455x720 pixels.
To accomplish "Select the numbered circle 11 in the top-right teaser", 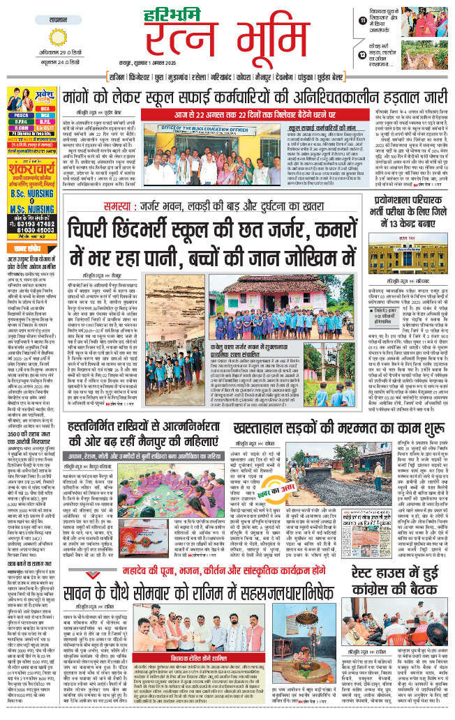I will click(362, 21).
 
